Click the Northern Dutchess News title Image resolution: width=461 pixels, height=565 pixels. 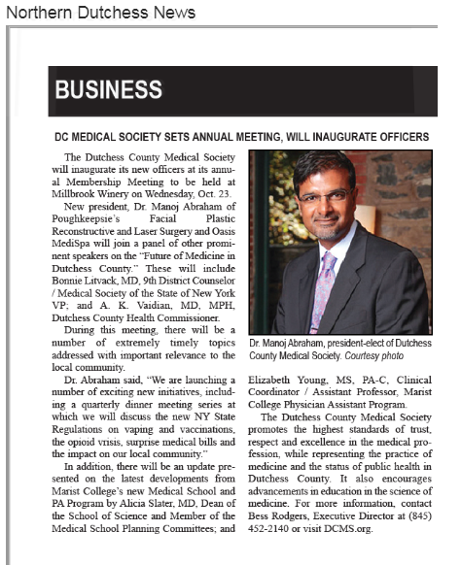point(99,13)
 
